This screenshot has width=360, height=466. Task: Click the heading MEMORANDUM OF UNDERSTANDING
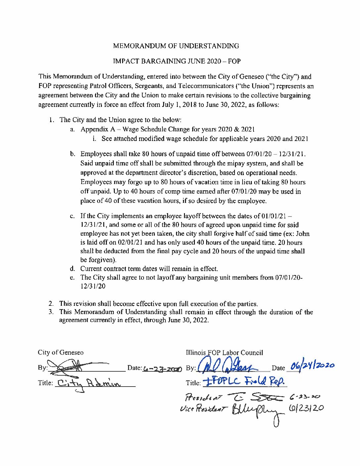[x=176, y=46]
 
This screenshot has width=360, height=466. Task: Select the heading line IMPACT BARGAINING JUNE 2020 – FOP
[x=177, y=61]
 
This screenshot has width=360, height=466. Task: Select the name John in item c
[x=303, y=234]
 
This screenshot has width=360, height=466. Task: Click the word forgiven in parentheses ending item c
[x=100, y=260]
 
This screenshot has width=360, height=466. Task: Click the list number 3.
[x=51, y=312]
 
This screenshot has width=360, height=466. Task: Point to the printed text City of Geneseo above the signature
[x=61, y=352]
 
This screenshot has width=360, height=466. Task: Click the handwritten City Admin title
[x=89, y=384]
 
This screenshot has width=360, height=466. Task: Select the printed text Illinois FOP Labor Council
[x=224, y=352]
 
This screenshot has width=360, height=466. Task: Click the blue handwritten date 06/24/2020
[x=312, y=366]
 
